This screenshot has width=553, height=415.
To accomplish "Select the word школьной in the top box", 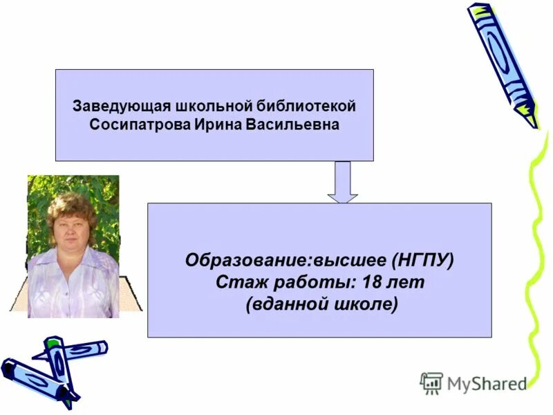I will (x=210, y=107).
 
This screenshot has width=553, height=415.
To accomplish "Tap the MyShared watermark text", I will (x=486, y=382).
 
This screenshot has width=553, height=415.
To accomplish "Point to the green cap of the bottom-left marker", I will (x=54, y=343).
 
